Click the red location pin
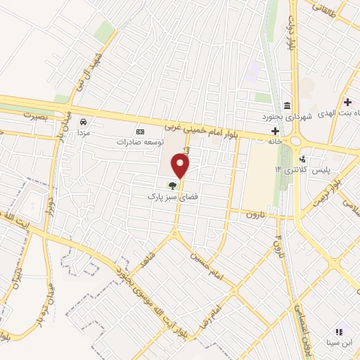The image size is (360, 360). [x=181, y=166]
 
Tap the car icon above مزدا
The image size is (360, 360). [x=84, y=120]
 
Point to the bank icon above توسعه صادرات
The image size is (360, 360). [x=139, y=131]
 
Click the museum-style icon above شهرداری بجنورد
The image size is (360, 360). [x=287, y=103]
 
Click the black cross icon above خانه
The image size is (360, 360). [x=275, y=131]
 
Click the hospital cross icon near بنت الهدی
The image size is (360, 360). [x=347, y=102]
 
